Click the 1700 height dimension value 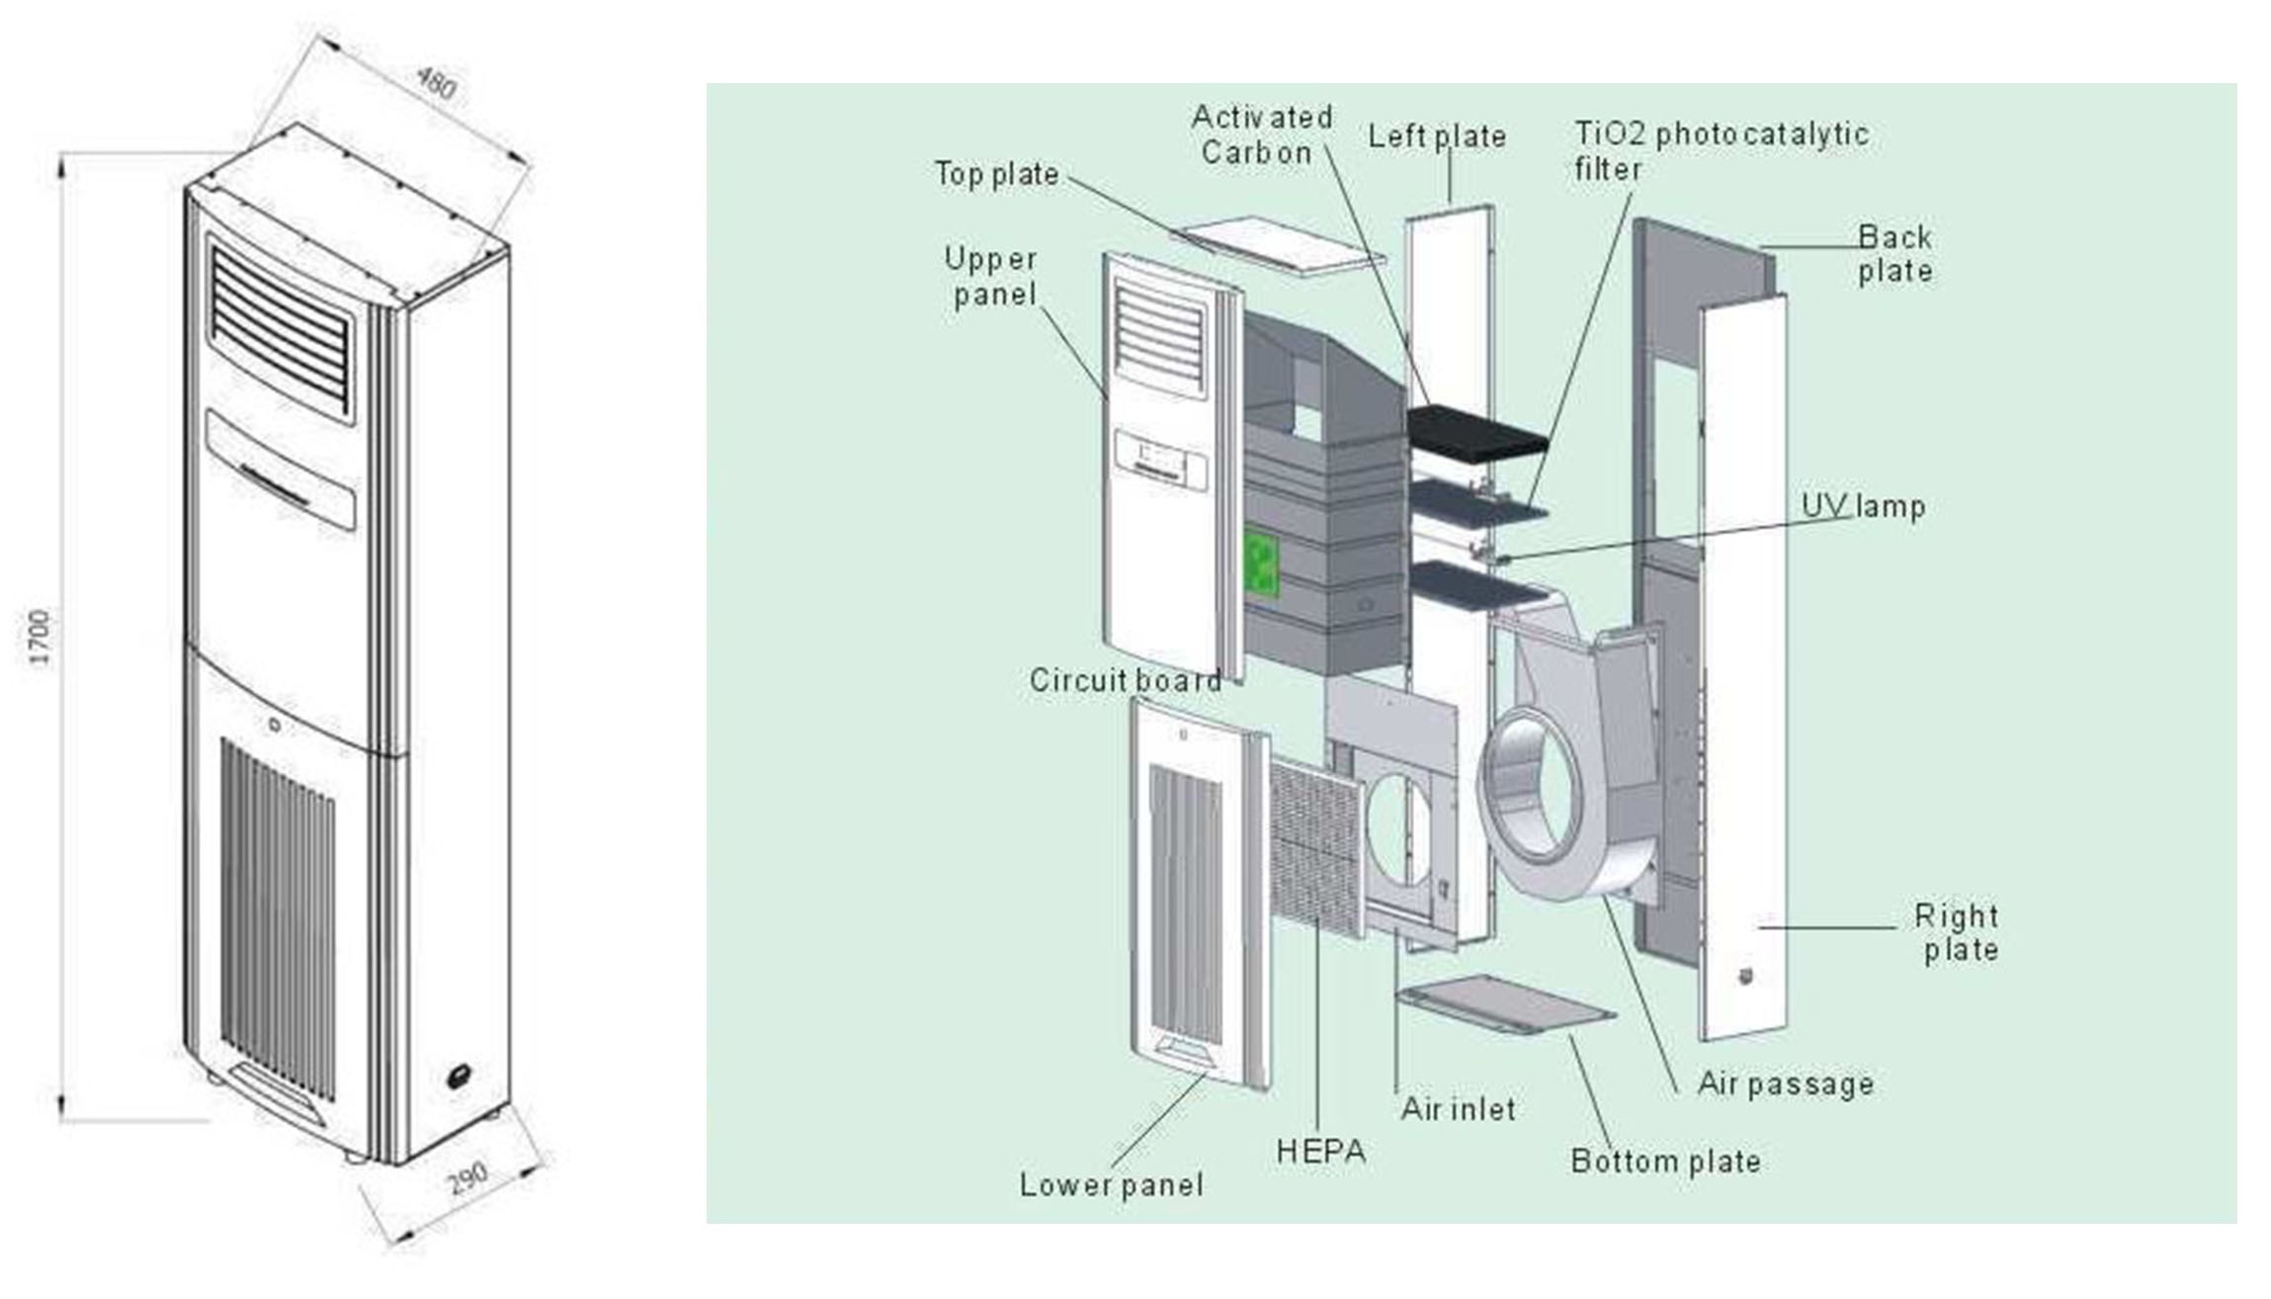click(40, 638)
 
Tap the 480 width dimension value click(436, 83)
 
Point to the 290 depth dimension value click(467, 1177)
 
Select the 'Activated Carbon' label click(1260, 134)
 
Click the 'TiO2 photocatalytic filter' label click(1720, 150)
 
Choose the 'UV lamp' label click(1863, 506)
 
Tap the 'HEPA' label click(1320, 1151)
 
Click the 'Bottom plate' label click(1665, 1161)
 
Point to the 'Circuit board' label click(1125, 680)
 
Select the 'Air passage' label click(1785, 1084)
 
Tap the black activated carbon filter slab click(1477, 431)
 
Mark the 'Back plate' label click(1894, 253)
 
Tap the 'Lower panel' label click(1111, 1184)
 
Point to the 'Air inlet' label click(1458, 1109)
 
